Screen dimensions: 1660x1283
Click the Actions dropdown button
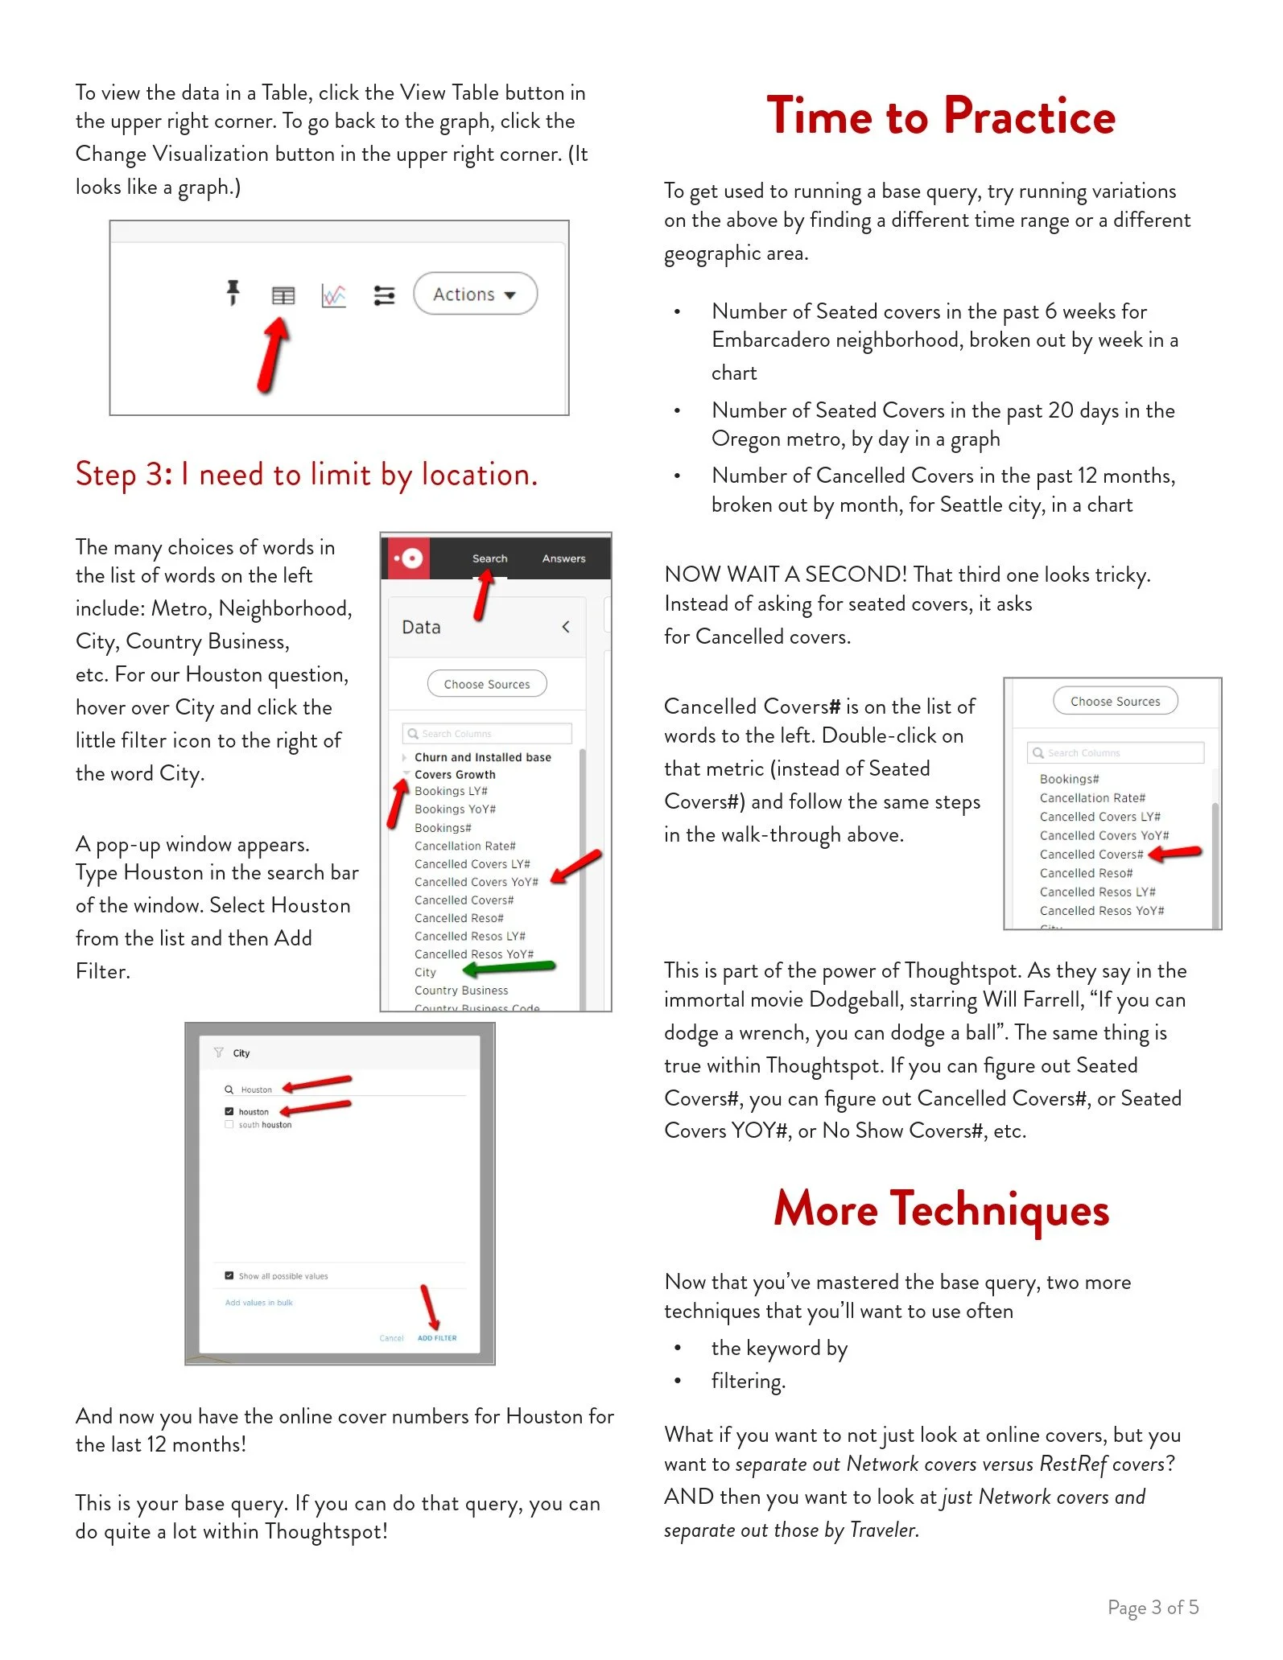click(x=475, y=295)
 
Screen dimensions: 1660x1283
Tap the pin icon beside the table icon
click(x=233, y=293)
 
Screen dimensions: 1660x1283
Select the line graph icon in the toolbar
click(x=334, y=295)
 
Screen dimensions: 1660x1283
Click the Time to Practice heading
click(x=940, y=116)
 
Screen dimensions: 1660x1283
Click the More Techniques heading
click(x=941, y=1209)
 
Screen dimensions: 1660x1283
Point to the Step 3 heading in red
click(x=306, y=475)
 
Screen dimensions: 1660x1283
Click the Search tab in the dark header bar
click(x=489, y=558)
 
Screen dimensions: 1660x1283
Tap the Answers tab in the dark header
click(x=563, y=558)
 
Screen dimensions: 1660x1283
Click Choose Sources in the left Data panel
click(x=487, y=684)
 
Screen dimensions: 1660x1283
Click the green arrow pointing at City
click(x=510, y=968)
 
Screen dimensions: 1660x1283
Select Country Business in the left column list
click(x=461, y=991)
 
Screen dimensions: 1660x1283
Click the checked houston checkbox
click(x=229, y=1111)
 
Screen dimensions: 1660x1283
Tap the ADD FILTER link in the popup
click(x=437, y=1338)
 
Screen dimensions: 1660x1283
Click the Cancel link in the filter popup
click(x=391, y=1338)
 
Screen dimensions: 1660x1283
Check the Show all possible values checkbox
click(x=229, y=1276)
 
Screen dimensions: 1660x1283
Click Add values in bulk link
click(x=258, y=1303)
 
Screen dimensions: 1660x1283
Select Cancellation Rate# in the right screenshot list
click(x=1091, y=798)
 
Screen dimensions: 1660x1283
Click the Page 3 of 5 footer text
click(x=1153, y=1608)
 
